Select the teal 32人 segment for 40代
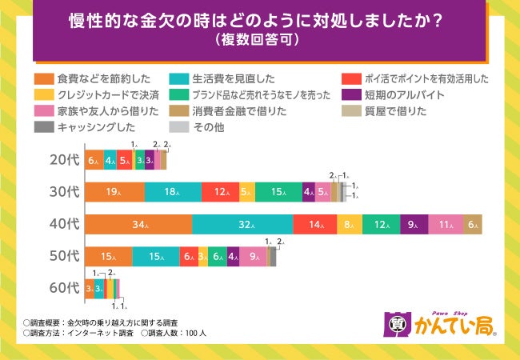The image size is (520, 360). coord(242,225)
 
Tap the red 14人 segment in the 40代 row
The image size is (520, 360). coord(314,225)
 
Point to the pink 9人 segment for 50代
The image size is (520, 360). coord(254,257)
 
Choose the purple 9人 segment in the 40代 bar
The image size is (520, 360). coord(414,225)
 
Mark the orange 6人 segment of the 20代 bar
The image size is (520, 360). coord(93,160)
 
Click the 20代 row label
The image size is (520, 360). coord(62,160)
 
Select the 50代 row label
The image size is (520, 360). coord(62,257)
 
